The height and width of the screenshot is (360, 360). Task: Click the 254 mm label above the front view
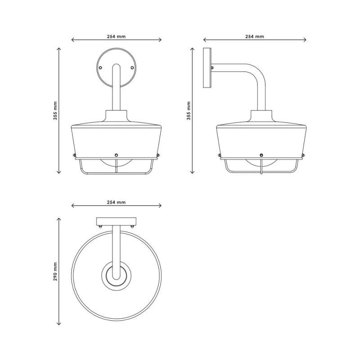tap(116, 36)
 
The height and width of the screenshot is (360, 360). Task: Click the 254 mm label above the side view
tap(255, 36)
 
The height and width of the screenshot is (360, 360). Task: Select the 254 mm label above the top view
tap(116, 202)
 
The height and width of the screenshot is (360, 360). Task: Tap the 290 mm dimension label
tap(55, 272)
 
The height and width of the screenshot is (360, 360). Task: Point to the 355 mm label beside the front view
tap(55, 111)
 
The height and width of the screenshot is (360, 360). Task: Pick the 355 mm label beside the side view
tap(189, 111)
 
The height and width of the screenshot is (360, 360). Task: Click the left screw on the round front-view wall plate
tap(100, 68)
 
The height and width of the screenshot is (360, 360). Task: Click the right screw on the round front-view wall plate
tap(132, 68)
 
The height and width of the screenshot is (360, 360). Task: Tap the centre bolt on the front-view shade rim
tap(116, 155)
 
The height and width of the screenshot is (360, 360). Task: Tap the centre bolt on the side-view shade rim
tap(261, 155)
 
